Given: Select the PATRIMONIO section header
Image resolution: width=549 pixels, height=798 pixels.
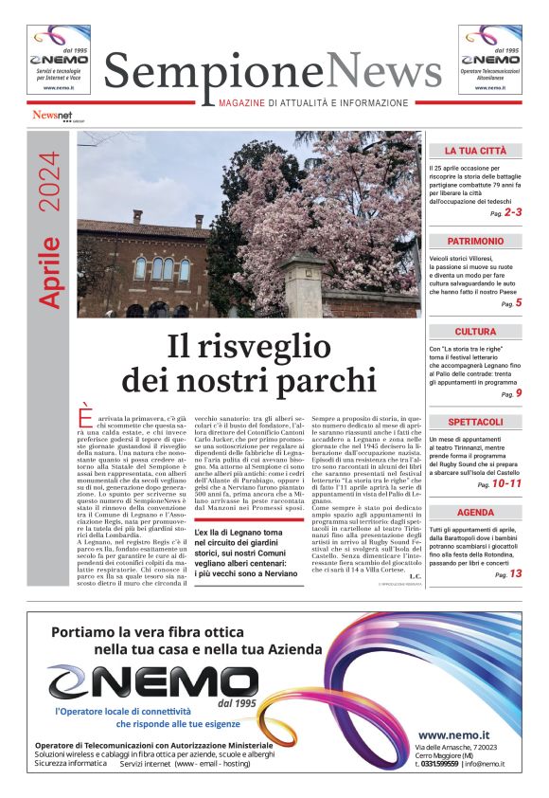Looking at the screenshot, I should (x=474, y=242).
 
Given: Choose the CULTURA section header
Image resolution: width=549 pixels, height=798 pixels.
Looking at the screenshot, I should (x=474, y=332).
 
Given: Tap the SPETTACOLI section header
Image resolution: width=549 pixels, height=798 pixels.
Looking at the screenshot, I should (x=474, y=422).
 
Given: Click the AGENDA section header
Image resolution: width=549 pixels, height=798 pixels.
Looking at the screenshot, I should (x=474, y=513).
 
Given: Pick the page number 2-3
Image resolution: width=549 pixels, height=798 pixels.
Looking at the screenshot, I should (x=512, y=213).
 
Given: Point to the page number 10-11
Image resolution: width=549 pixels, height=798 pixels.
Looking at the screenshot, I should (x=507, y=483).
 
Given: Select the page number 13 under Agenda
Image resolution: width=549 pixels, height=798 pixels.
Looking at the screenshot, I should (x=515, y=573).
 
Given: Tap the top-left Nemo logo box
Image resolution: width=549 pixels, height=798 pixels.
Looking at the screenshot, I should (x=59, y=60).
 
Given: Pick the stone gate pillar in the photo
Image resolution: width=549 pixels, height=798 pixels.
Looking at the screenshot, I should (x=306, y=284).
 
